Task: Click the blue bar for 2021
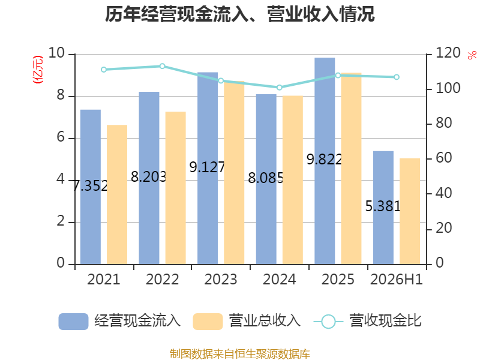(91, 187)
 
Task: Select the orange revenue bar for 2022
(175, 188)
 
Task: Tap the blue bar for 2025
(325, 161)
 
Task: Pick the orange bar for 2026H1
(410, 211)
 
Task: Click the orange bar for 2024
(293, 180)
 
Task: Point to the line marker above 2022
(162, 66)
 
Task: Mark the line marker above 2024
(279, 88)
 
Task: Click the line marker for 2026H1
(397, 77)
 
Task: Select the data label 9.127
(207, 167)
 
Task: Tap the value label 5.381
(383, 206)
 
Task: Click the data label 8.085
(266, 178)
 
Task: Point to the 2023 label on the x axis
(221, 280)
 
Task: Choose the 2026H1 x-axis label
(397, 280)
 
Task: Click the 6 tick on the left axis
(61, 137)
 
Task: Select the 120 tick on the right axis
(448, 53)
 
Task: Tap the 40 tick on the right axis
(443, 193)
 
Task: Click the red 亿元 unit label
(38, 70)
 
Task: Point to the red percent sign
(472, 55)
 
